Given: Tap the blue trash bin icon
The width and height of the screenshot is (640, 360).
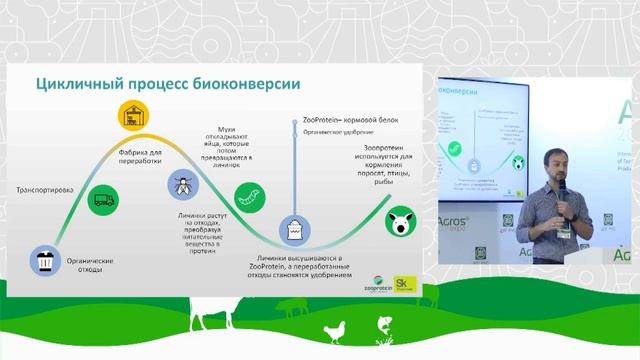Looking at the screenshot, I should pyautogui.click(x=46, y=264).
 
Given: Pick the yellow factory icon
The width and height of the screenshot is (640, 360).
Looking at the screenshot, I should pyautogui.click(x=130, y=116).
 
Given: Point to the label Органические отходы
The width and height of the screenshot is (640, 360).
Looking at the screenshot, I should pyautogui.click(x=87, y=266).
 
